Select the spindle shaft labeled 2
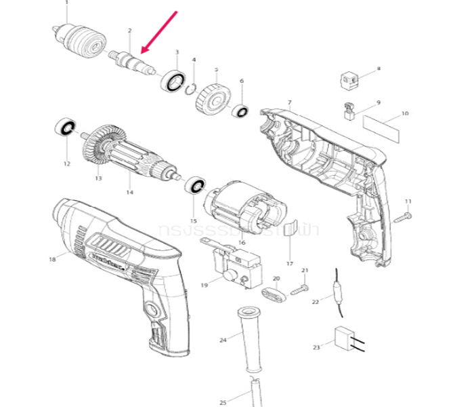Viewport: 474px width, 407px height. (130, 60)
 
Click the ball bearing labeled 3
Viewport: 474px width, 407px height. (173, 80)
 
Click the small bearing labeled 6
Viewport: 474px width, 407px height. (240, 111)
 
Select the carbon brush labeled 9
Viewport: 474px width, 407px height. (350, 111)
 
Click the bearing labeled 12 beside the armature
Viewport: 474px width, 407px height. (66, 128)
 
